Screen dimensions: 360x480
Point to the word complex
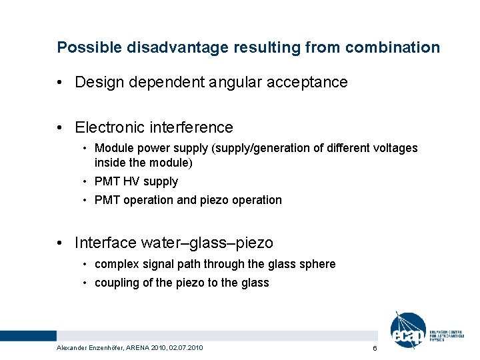pos(116,265)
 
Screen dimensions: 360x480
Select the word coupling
pos(115,283)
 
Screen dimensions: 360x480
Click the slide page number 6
pos(375,349)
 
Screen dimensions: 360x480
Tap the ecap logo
pos(408,331)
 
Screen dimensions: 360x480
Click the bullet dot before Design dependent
pos(61,83)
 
